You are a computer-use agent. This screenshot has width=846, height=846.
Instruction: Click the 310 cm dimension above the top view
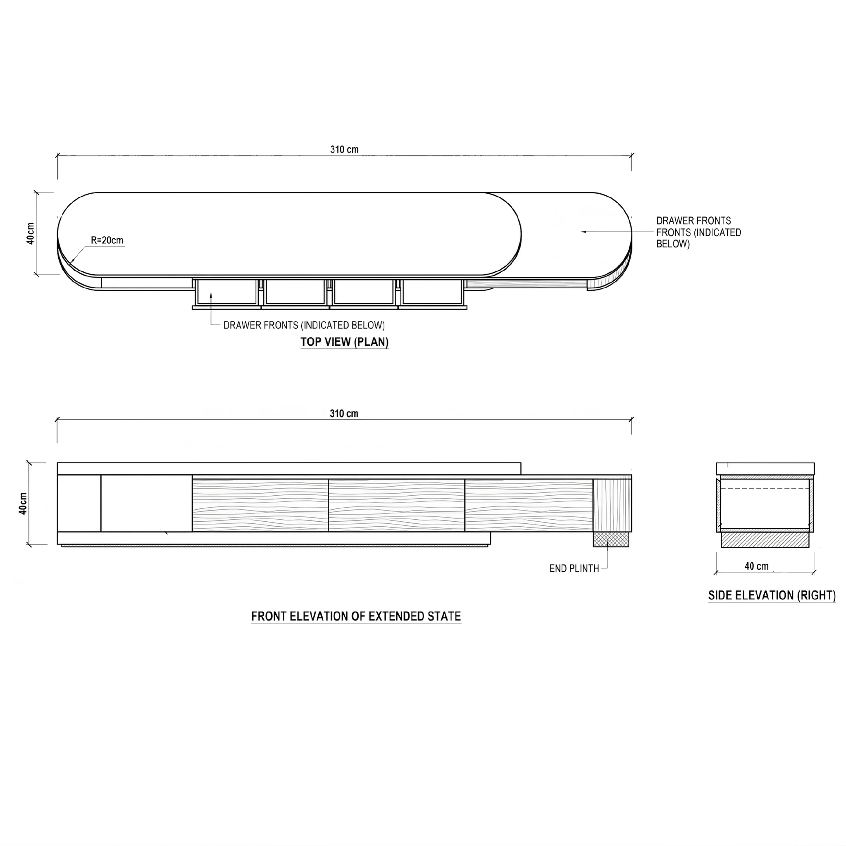[x=344, y=149]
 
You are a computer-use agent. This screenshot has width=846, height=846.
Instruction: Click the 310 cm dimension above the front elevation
[x=344, y=413]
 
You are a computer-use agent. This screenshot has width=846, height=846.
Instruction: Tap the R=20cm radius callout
[x=107, y=240]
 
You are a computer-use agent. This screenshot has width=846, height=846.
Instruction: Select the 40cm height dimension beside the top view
[x=30, y=233]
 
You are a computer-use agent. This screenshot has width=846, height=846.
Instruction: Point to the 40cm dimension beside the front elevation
[x=23, y=504]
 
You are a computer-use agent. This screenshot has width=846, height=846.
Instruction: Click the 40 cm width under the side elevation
[x=757, y=566]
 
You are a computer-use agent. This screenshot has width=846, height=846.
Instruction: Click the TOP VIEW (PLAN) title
[x=344, y=342]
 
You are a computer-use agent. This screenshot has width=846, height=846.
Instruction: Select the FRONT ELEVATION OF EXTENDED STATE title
[x=356, y=617]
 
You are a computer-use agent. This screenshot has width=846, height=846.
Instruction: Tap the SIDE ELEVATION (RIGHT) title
[x=772, y=596]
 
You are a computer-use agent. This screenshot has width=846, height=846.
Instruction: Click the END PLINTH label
[x=574, y=568]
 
